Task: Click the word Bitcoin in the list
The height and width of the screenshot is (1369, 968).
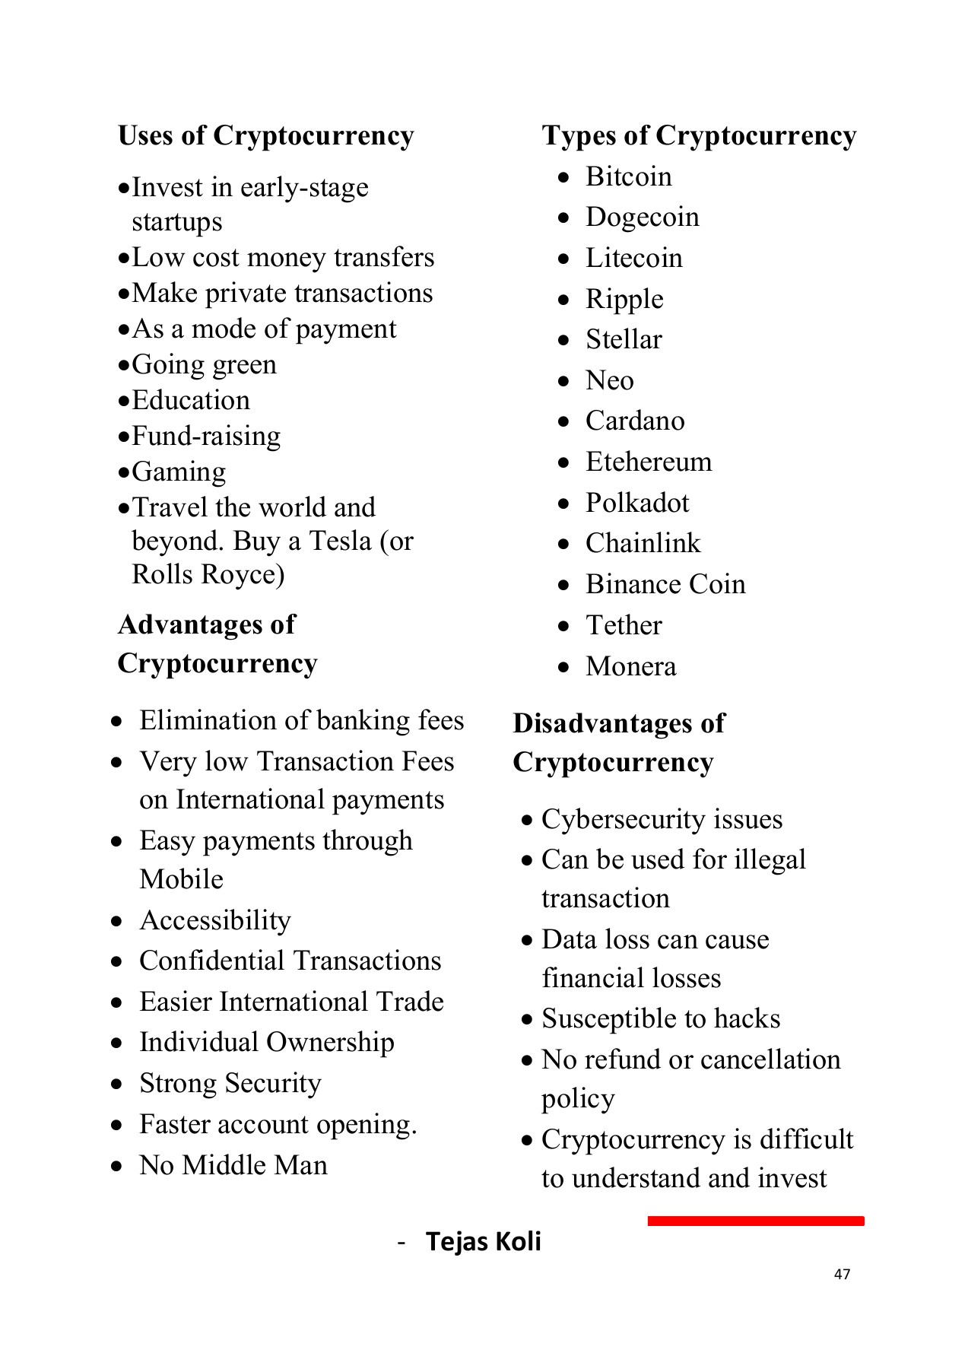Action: point(628,176)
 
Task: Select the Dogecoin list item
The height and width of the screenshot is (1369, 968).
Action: point(642,218)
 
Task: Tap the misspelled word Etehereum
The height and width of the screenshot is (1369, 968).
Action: point(648,462)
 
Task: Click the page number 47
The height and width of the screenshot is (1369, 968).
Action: point(842,1274)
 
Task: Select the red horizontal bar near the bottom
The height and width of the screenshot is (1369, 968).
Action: point(755,1221)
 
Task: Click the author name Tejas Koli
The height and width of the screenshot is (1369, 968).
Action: point(483,1241)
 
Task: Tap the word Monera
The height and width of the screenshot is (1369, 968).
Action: point(630,666)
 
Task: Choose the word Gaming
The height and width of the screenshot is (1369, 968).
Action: point(179,472)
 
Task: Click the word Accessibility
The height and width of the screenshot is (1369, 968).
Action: point(214,920)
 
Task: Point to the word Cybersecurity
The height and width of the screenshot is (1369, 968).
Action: point(623,819)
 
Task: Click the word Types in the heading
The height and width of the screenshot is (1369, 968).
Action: point(579,135)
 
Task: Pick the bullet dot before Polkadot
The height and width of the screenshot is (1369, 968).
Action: point(563,503)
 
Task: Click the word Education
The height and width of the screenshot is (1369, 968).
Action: point(190,400)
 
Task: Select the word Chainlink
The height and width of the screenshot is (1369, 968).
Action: point(643,544)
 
